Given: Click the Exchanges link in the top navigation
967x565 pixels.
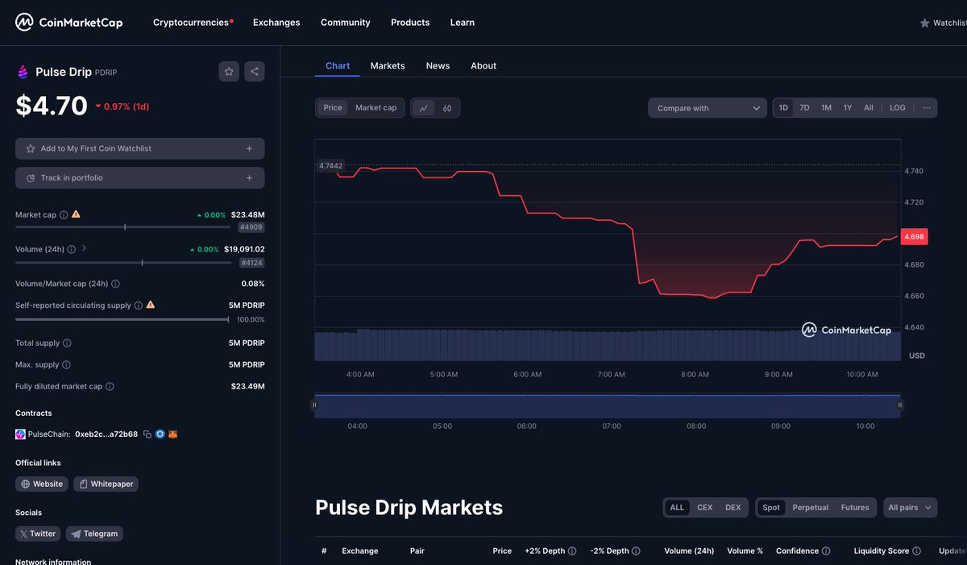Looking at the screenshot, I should click(276, 23).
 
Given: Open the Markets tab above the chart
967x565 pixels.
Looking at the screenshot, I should click(388, 66).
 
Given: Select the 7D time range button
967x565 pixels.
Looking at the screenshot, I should click(804, 108).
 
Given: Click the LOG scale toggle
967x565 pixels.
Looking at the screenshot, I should click(897, 108).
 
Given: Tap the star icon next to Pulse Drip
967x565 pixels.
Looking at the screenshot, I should click(229, 72).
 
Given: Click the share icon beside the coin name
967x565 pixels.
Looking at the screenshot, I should click(255, 72).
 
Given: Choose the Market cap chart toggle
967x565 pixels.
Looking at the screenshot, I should click(376, 108).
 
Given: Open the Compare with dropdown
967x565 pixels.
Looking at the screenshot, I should click(708, 108).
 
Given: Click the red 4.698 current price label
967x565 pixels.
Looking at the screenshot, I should click(914, 236).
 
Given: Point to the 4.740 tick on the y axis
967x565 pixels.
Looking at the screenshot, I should click(915, 171).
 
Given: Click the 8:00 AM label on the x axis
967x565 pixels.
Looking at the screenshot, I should click(695, 375).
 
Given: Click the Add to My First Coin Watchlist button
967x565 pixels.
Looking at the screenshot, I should click(139, 149).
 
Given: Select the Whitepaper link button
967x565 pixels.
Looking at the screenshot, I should click(106, 484).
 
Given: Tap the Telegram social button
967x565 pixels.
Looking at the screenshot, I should click(94, 534).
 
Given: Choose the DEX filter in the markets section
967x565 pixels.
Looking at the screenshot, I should click(733, 508).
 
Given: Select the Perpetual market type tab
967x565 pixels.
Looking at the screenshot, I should click(809, 508).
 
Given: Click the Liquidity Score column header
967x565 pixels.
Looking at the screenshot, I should click(881, 551).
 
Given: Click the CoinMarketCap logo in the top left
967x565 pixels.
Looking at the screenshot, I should click(69, 23).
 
